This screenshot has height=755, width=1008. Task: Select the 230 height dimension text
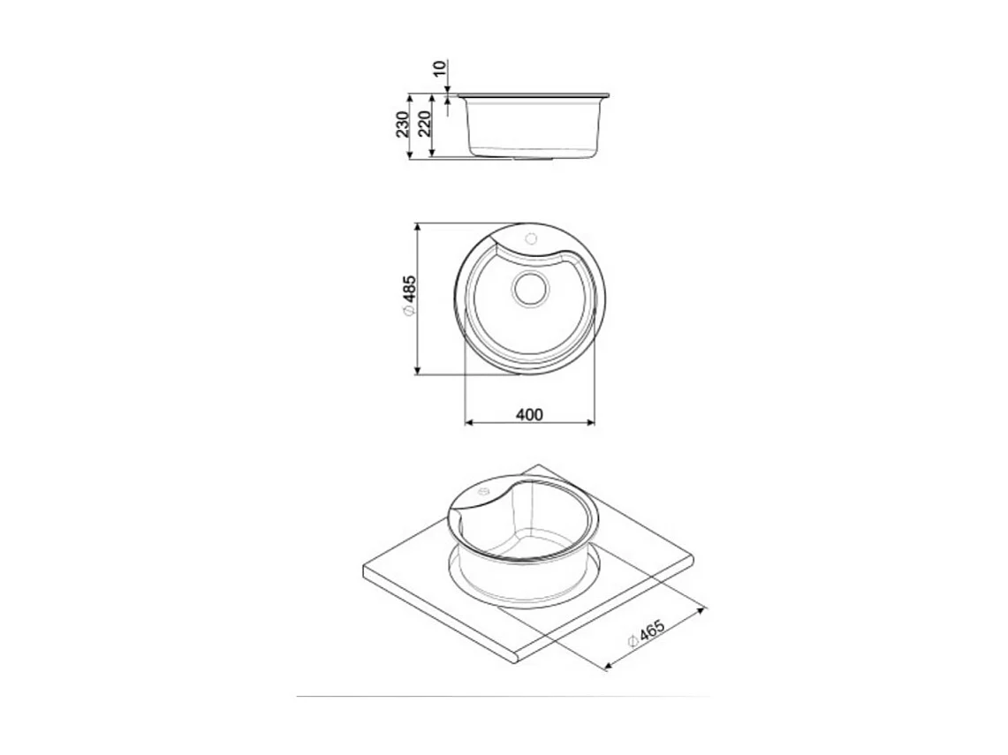(403, 125)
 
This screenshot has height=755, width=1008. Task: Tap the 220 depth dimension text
(424, 125)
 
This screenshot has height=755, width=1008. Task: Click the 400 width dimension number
(529, 413)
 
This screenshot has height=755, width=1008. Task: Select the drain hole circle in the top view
(531, 289)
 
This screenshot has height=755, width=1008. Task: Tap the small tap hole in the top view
(532, 238)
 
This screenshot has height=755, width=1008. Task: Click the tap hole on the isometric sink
(482, 493)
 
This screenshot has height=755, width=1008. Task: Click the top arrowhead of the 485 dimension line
(416, 227)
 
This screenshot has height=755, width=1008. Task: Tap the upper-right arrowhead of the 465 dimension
(701, 608)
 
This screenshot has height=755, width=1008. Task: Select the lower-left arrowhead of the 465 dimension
(608, 666)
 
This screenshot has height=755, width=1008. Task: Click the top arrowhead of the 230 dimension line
(411, 98)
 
